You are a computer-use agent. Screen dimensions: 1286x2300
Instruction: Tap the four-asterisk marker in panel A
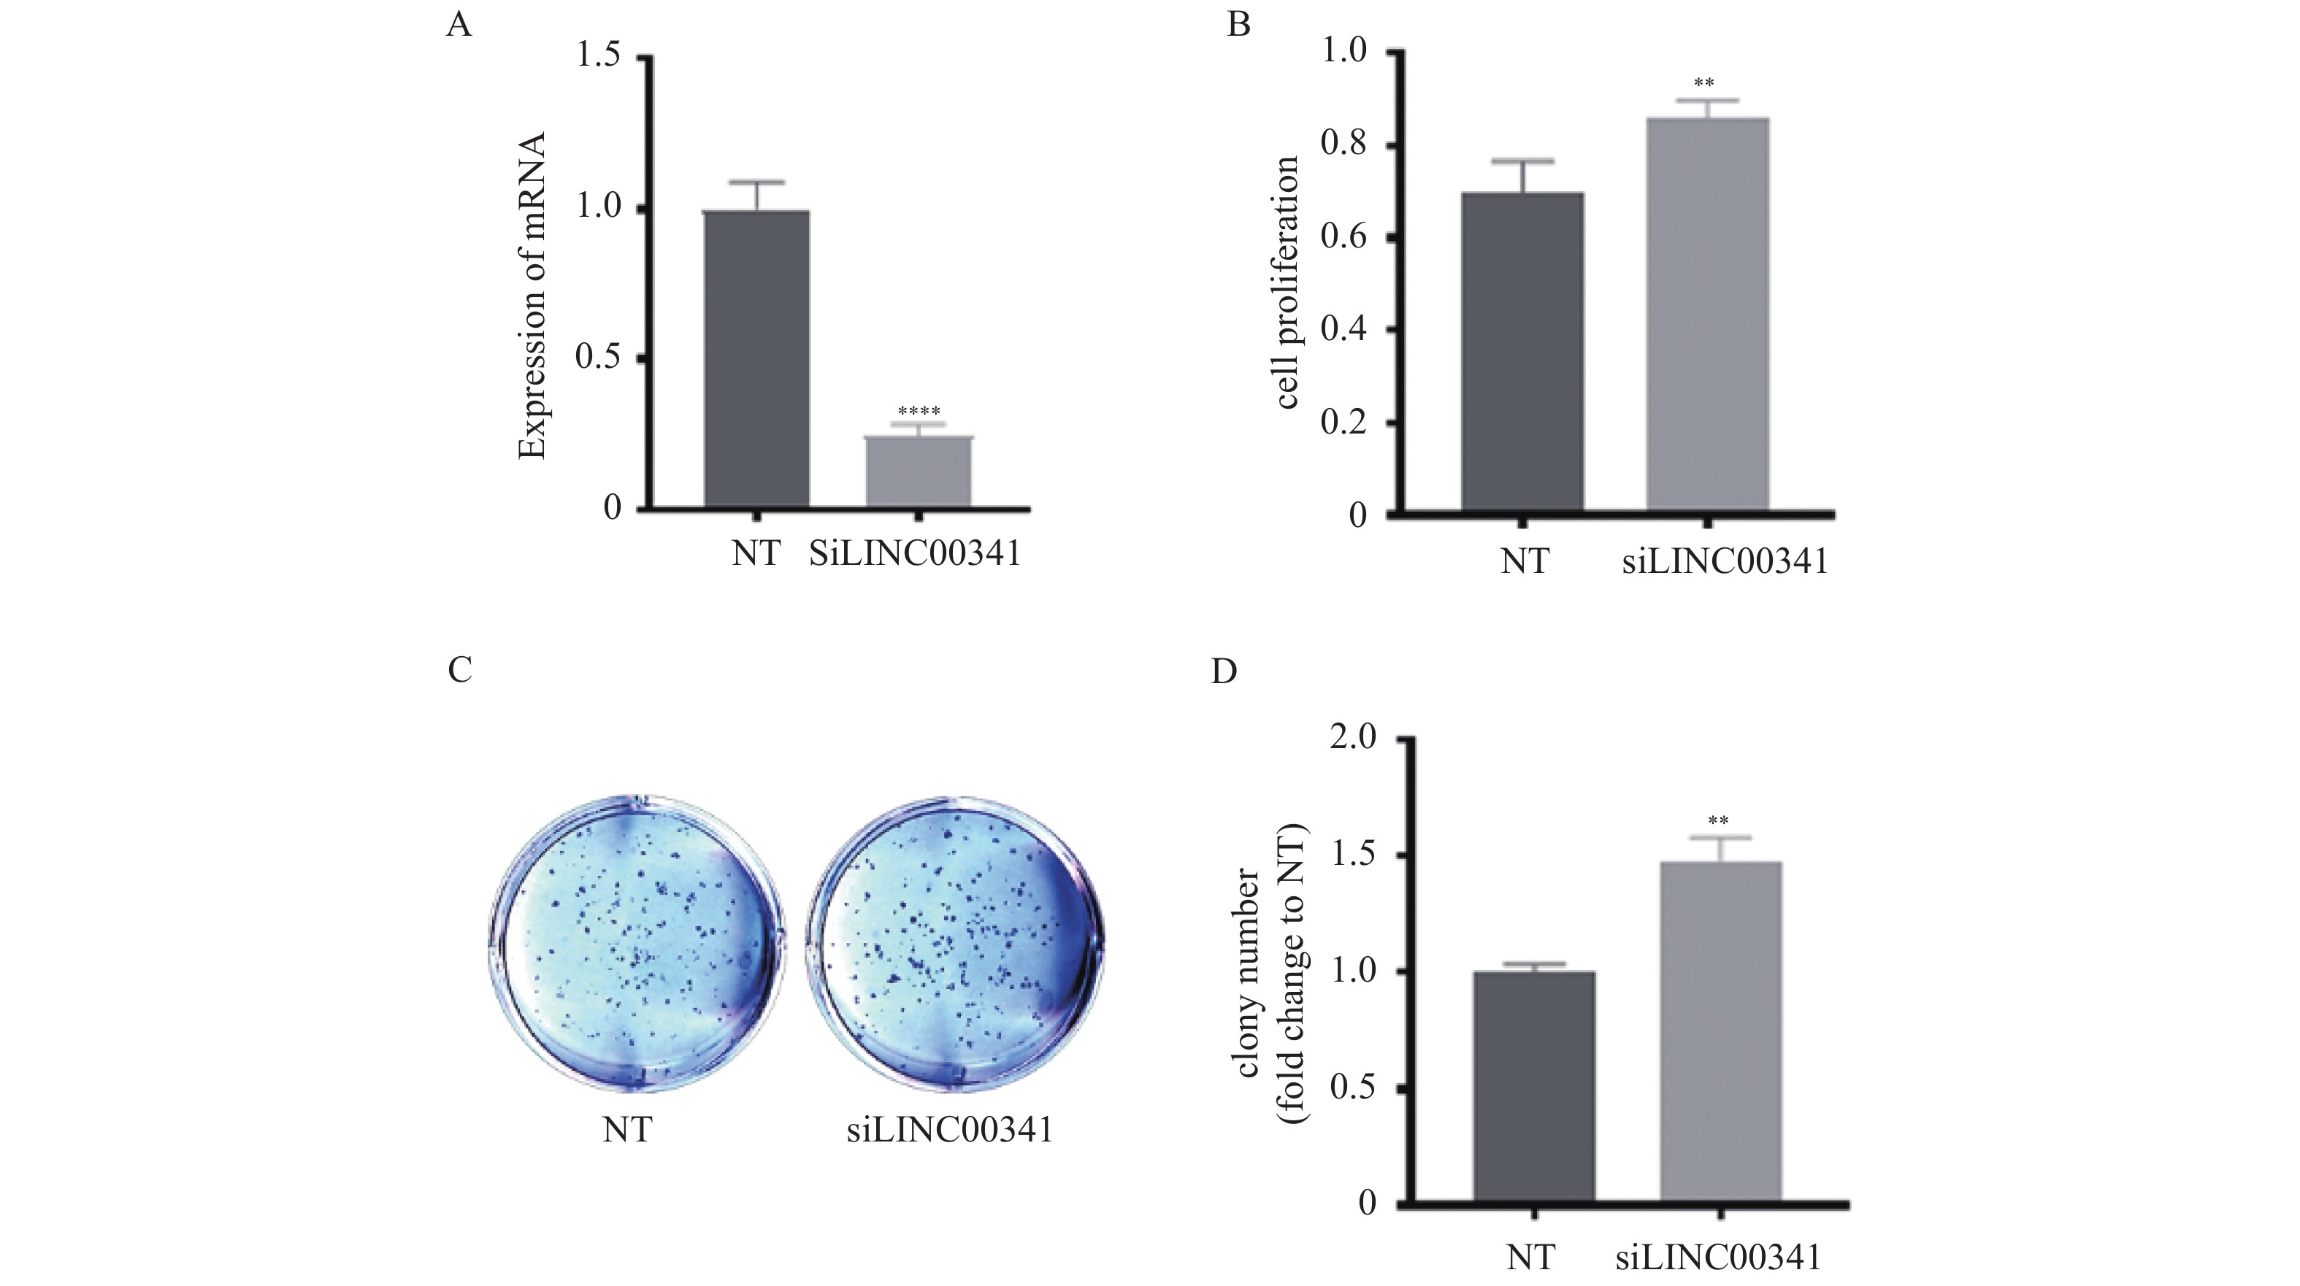pos(919,412)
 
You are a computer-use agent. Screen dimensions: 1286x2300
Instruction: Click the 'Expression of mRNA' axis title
pos(533,296)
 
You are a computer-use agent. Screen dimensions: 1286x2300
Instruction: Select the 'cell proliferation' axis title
pos(1286,283)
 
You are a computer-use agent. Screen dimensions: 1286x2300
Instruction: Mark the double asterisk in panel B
pos(1703,84)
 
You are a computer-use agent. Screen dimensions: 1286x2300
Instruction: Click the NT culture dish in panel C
pos(637,942)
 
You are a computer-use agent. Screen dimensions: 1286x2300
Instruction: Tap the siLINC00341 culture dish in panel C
pos(955,942)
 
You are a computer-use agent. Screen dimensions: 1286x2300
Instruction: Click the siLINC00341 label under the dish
pos(949,1131)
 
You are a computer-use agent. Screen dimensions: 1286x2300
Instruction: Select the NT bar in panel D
pos(1534,1089)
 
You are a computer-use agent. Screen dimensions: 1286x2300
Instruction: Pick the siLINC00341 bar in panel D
pos(1720,1035)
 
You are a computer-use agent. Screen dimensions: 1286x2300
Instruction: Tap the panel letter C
pos(460,669)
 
